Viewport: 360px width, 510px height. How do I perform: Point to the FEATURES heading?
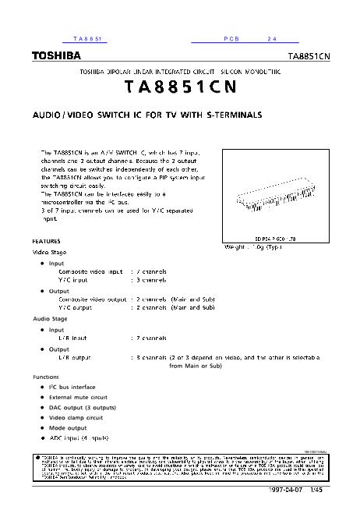pos(46,241)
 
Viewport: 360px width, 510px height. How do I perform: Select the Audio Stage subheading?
pos(51,319)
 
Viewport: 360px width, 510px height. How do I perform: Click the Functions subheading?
pos(46,376)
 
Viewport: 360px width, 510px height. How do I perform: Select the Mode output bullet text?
pos(68,427)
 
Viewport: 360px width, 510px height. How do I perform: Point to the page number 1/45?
pos(337,491)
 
